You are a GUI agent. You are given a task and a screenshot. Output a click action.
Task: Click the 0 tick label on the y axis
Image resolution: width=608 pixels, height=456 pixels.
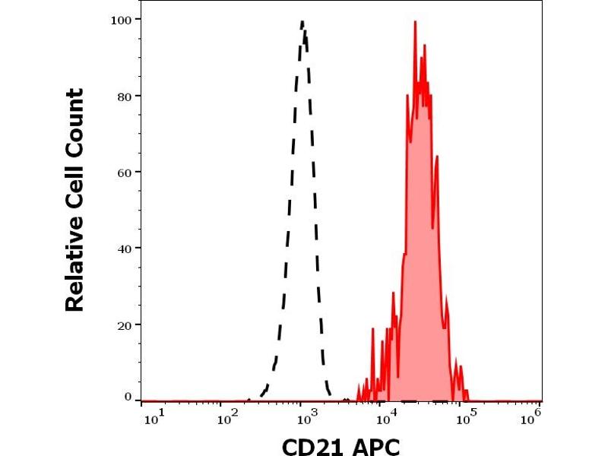click(128, 397)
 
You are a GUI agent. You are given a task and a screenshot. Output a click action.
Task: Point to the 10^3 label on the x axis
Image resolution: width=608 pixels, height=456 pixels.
click(306, 416)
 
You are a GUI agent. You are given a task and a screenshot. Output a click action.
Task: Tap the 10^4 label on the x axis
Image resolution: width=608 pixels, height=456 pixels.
click(385, 416)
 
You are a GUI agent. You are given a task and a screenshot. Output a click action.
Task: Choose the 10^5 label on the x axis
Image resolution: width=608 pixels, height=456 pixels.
click(464, 416)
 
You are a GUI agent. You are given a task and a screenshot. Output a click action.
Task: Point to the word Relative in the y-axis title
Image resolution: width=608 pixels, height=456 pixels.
click(74, 262)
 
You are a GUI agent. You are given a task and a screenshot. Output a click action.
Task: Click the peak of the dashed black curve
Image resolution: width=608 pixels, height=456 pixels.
click(302, 22)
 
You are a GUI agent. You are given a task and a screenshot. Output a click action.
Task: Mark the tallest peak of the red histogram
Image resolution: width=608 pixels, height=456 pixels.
click(415, 22)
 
